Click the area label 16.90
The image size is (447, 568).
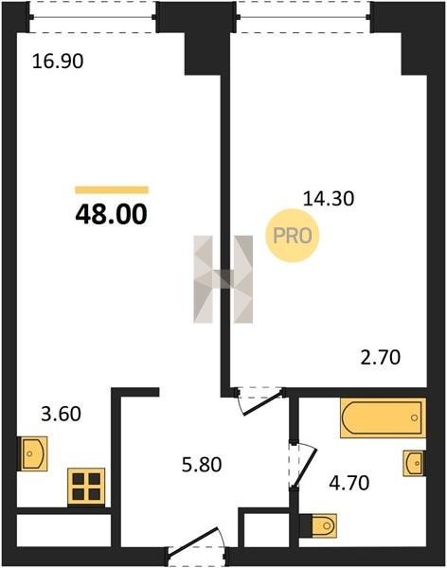(x=58, y=61)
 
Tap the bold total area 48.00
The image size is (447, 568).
(x=112, y=215)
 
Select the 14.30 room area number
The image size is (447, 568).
(x=328, y=199)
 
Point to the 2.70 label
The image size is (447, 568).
(x=381, y=358)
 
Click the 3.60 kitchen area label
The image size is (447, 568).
(x=61, y=414)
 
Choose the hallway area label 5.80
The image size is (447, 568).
(x=202, y=465)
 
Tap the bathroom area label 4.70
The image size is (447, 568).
(x=349, y=483)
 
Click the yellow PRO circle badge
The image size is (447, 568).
(x=293, y=236)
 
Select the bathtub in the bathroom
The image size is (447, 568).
(x=383, y=418)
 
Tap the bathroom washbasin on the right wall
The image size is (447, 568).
(x=415, y=463)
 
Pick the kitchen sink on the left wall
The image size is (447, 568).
(x=32, y=453)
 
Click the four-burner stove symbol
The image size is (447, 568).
(x=86, y=487)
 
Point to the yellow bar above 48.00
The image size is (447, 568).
(x=112, y=190)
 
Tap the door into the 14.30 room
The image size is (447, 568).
(x=259, y=401)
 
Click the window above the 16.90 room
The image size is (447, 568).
(x=93, y=17)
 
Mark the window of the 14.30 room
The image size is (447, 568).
(x=303, y=17)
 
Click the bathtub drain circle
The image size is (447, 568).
(x=415, y=418)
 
